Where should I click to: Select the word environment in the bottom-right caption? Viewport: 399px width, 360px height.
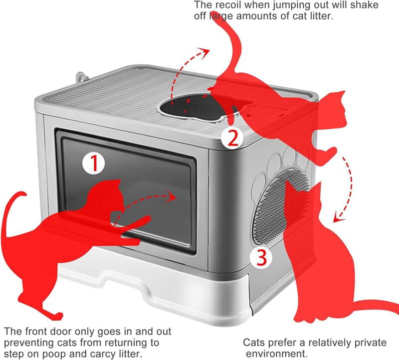[x=277, y=354]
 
